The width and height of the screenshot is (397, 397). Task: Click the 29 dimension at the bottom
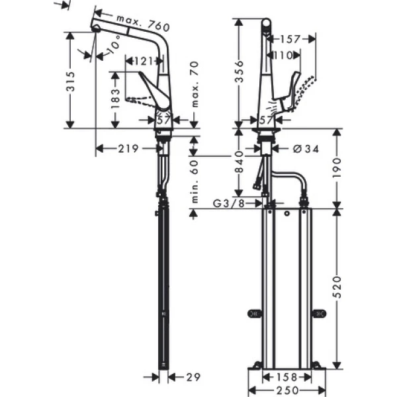pos(193,377)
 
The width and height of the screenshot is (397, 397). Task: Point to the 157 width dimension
pos(290,40)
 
